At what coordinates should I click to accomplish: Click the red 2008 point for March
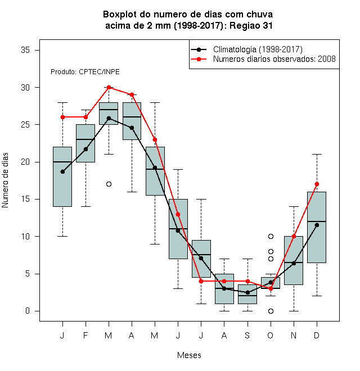click(x=109, y=87)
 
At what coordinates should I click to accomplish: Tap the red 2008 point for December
click(x=317, y=184)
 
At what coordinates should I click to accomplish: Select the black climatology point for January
click(x=63, y=172)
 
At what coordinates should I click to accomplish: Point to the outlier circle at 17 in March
click(x=109, y=184)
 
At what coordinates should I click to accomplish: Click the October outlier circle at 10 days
click(x=271, y=236)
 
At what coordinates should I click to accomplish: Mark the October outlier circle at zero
click(x=271, y=311)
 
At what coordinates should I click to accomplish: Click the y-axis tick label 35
click(x=25, y=50)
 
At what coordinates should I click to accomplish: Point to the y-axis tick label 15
click(x=25, y=199)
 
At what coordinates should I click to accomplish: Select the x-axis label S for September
click(x=247, y=336)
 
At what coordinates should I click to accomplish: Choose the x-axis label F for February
click(x=85, y=336)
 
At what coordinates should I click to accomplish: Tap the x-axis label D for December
click(x=317, y=336)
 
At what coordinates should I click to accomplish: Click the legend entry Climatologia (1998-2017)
click(x=258, y=49)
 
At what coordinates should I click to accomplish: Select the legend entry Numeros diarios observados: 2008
click(x=274, y=59)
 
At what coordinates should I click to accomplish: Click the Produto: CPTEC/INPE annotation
click(x=85, y=72)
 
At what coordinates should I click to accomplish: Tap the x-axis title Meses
click(x=189, y=355)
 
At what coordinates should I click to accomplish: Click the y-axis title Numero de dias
click(x=5, y=180)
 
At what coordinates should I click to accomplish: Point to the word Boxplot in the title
click(x=120, y=15)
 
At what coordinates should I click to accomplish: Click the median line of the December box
click(x=317, y=221)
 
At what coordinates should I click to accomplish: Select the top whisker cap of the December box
click(x=317, y=154)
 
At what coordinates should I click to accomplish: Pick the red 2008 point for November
click(x=294, y=236)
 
